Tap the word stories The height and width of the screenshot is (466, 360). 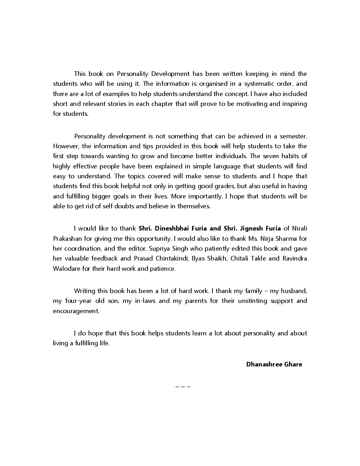(x=113, y=104)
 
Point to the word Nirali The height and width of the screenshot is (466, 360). (x=299, y=228)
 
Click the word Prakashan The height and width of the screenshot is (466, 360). (x=67, y=239)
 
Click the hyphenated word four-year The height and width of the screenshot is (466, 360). (x=78, y=301)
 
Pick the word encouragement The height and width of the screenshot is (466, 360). (x=76, y=311)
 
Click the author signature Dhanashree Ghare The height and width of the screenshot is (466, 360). (x=274, y=364)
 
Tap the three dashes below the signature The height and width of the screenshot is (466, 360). (x=183, y=387)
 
